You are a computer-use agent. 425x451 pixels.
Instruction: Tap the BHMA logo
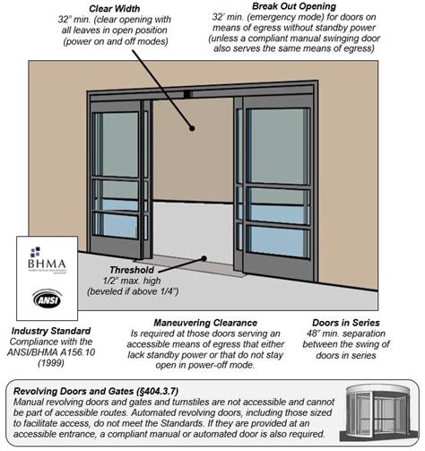coord(41,263)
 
